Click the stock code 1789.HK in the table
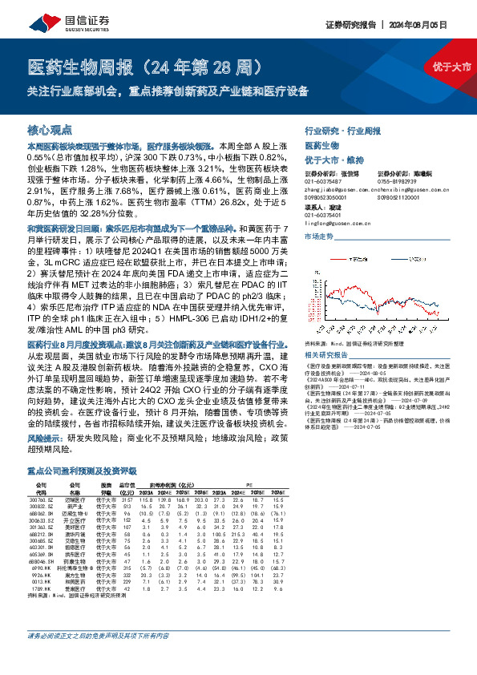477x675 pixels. pyautogui.click(x=42, y=588)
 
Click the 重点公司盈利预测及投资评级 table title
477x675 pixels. pyautogui.click(x=82, y=473)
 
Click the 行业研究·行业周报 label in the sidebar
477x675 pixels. pyautogui.click(x=339, y=130)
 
